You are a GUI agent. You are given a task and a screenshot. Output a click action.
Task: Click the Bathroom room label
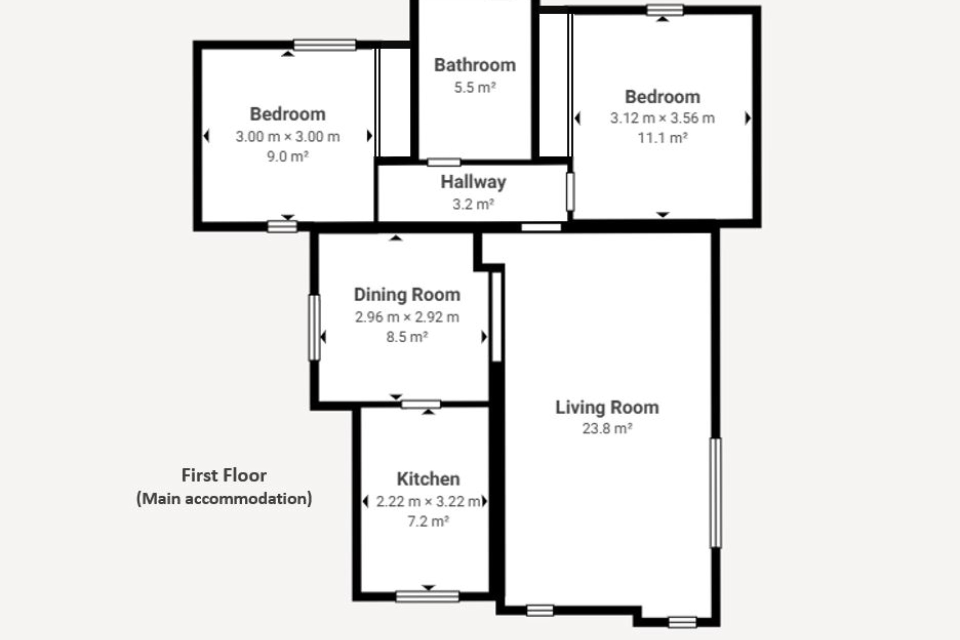pos(474,65)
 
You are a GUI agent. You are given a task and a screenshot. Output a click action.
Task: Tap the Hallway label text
pos(473,182)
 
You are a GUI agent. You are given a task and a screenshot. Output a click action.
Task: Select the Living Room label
pos(607,407)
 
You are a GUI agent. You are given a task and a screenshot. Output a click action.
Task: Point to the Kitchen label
pos(428,479)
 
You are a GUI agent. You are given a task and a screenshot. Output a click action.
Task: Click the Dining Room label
pos(407,295)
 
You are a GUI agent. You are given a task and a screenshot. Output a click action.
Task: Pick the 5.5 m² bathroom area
pos(474,87)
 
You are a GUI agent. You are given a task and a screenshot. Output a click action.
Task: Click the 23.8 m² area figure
pos(607,428)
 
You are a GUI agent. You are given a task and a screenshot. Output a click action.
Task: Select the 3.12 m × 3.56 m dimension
pos(662,118)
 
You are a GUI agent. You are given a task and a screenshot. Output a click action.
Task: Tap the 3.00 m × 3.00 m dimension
pos(287,136)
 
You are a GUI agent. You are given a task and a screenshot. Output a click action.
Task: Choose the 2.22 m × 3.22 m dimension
pos(428,501)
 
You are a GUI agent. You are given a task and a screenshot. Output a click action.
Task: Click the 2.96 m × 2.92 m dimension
pos(407,317)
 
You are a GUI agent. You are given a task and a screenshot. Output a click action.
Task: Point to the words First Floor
pos(223,475)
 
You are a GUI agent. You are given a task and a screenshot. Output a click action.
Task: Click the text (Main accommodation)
pos(224,498)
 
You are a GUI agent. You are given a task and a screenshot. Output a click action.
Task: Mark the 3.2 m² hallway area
pos(473,204)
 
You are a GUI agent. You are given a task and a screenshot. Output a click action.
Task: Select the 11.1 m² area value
pos(662,137)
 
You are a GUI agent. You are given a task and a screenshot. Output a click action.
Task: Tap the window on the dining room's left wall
pos(314,327)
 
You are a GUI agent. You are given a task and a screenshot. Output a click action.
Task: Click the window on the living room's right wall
pos(716,493)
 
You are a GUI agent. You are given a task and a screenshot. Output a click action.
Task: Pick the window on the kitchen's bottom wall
pos(427,596)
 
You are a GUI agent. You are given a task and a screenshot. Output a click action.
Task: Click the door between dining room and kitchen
pos(420,404)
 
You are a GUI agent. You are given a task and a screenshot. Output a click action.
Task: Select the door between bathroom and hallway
pos(444,162)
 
